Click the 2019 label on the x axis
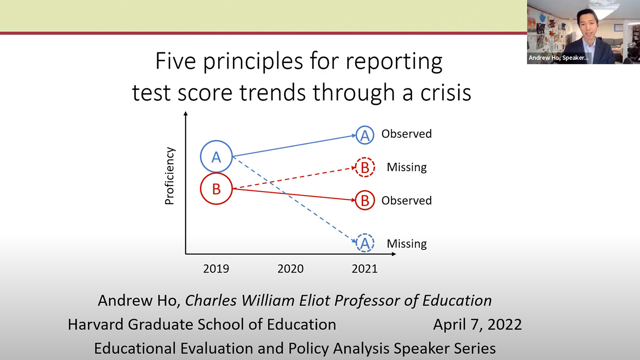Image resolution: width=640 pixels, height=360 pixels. [216, 269]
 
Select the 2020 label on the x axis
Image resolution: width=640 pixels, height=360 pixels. [290, 269]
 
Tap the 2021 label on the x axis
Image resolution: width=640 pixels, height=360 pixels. [364, 269]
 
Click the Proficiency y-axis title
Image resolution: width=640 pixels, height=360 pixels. [169, 176]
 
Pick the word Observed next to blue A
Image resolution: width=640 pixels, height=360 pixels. [407, 134]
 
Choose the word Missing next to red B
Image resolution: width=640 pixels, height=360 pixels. [407, 168]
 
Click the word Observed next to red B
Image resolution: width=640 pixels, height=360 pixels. [407, 200]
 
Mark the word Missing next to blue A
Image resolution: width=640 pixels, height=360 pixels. [407, 244]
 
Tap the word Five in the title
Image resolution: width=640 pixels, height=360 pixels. [175, 61]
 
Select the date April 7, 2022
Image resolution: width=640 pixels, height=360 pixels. [477, 325]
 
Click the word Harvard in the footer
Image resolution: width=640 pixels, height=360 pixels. [96, 325]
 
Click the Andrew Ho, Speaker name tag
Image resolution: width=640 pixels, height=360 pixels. [559, 58]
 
